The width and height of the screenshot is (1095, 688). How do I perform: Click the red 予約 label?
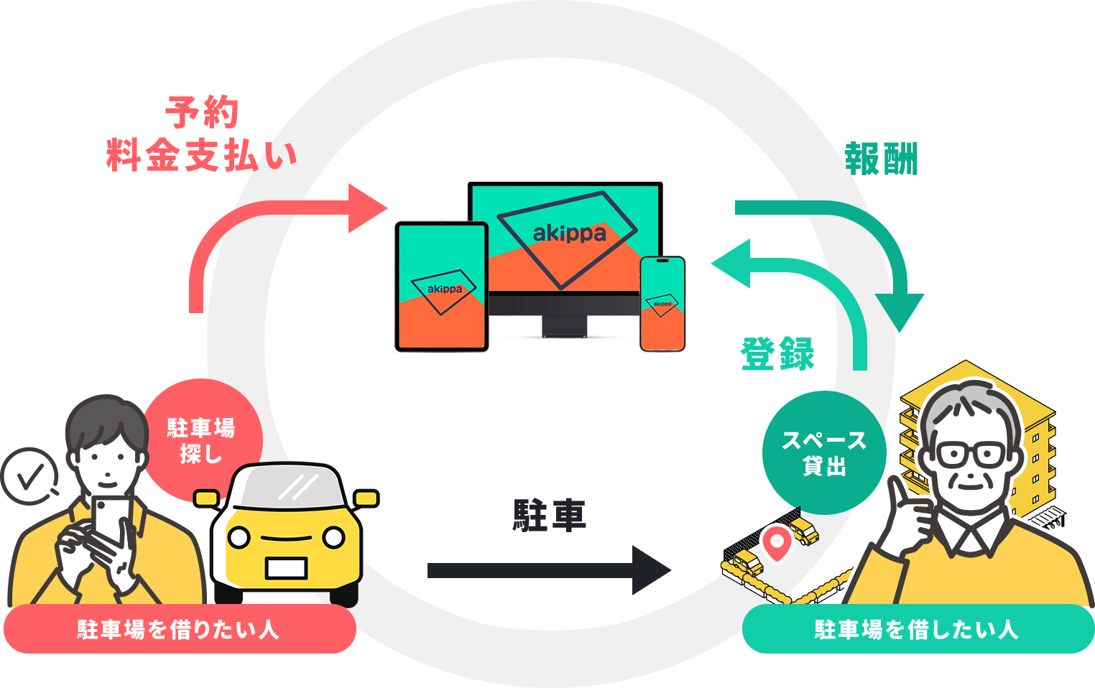click(x=201, y=112)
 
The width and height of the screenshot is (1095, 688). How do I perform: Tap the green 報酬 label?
click(x=881, y=159)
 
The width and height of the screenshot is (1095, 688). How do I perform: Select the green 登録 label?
click(x=777, y=353)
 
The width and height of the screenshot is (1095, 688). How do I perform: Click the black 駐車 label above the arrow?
click(x=550, y=516)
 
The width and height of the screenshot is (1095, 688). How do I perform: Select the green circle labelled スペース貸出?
click(x=823, y=452)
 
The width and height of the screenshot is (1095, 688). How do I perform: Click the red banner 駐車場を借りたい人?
click(x=180, y=629)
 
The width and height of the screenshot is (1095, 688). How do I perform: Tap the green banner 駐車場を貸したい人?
click(x=918, y=629)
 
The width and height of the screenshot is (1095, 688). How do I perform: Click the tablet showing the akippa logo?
click(x=441, y=287)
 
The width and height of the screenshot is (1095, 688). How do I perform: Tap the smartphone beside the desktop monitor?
click(x=662, y=304)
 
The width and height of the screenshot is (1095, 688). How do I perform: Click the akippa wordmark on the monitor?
click(x=569, y=233)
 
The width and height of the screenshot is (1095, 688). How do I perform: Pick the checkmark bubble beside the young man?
click(x=29, y=476)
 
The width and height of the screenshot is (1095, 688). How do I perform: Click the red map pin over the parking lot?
click(x=776, y=542)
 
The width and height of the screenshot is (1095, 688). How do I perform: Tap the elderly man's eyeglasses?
click(x=969, y=454)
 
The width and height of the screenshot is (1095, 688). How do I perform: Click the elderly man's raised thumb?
click(x=897, y=496)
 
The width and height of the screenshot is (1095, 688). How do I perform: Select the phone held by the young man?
click(x=109, y=517)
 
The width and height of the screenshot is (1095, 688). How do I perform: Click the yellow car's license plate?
click(x=286, y=568)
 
